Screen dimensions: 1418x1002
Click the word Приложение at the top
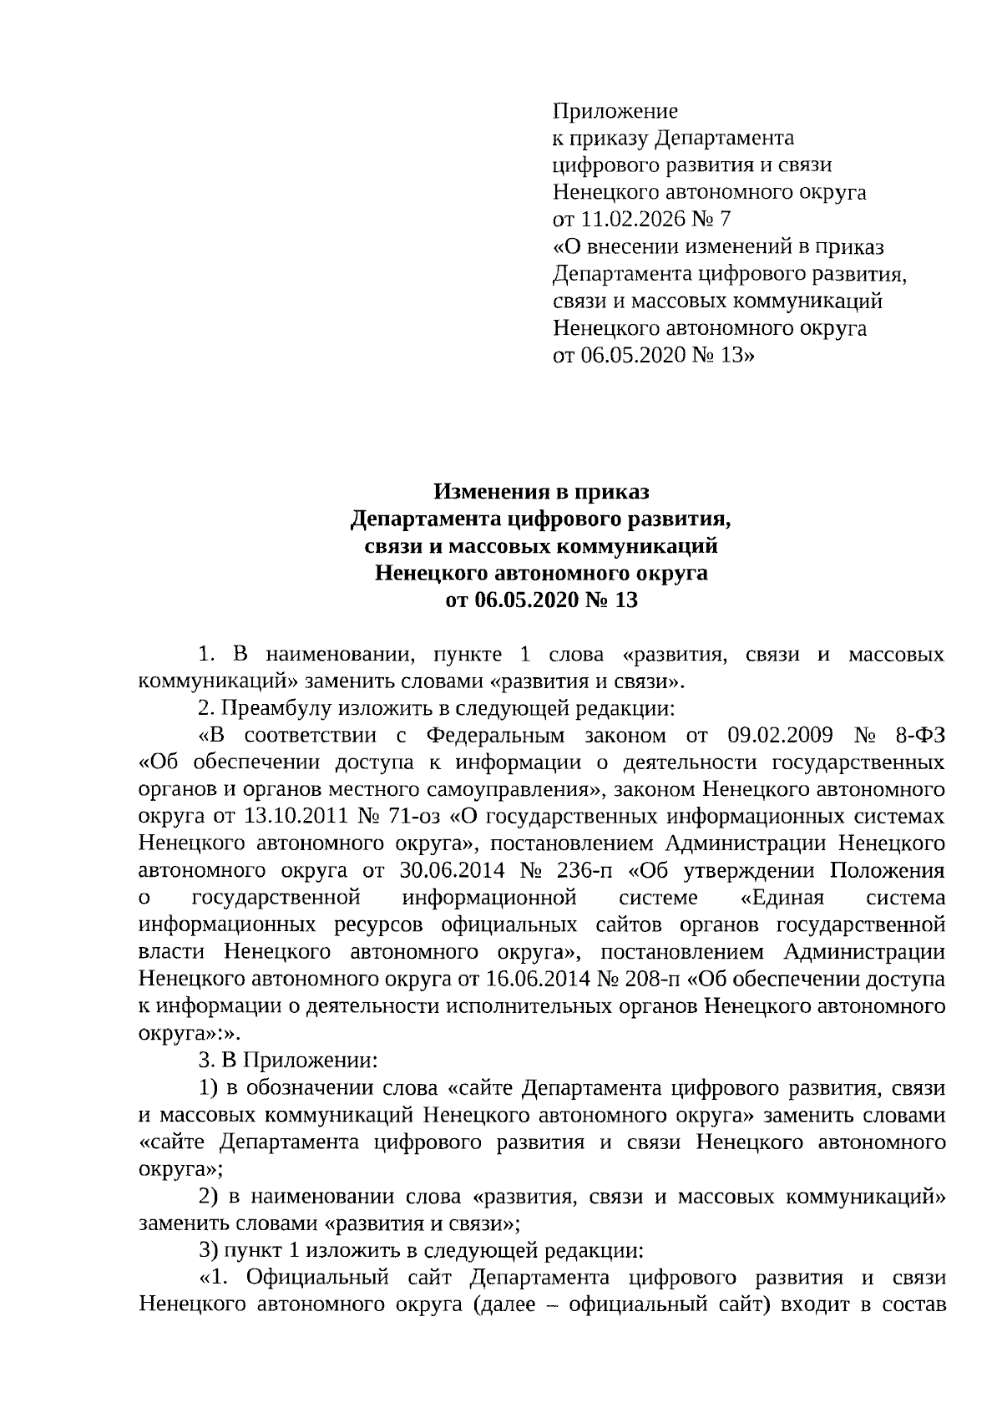615,111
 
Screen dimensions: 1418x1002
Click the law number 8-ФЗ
917,736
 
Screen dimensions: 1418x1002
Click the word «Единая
782,898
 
